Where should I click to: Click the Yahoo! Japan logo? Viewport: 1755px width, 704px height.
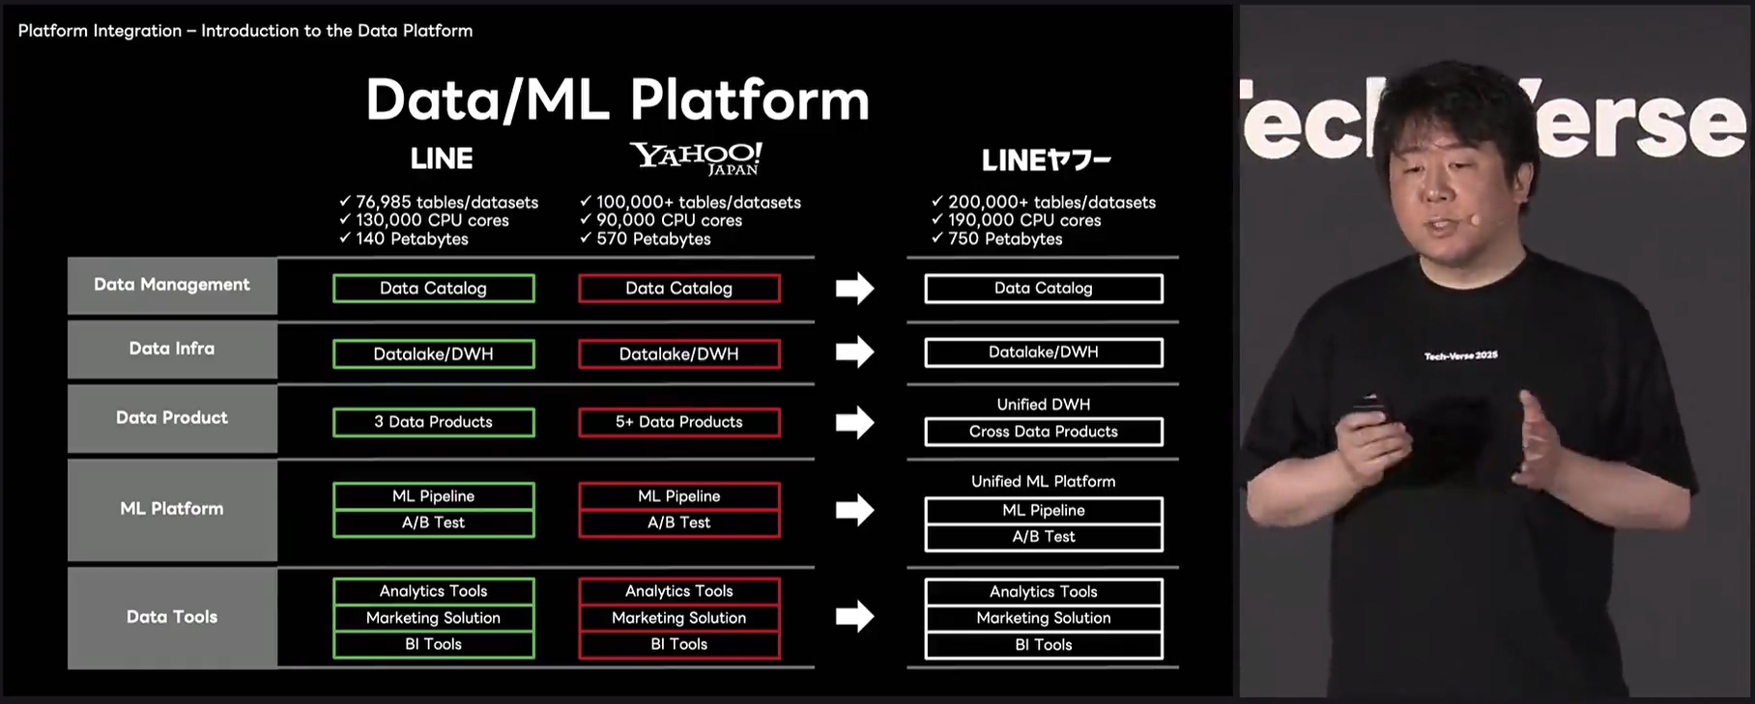(x=696, y=158)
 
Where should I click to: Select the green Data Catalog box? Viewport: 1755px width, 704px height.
(x=433, y=288)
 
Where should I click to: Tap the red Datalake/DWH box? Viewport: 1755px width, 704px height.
(x=678, y=353)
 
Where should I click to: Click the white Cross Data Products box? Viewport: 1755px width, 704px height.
(x=1043, y=432)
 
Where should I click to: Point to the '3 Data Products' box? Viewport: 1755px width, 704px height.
(x=433, y=422)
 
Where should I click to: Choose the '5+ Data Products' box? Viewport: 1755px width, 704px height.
(x=678, y=422)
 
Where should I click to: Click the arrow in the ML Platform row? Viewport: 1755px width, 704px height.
(x=854, y=509)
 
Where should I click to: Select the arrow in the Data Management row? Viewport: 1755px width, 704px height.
(x=854, y=288)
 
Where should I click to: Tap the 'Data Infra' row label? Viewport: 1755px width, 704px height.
(x=172, y=349)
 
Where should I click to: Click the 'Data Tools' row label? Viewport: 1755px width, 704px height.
(x=172, y=617)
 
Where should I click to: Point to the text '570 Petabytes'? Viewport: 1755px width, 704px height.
(x=653, y=239)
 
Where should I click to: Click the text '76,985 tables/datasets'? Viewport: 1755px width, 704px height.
(x=446, y=202)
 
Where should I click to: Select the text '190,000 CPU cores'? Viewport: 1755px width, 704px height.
(x=1024, y=220)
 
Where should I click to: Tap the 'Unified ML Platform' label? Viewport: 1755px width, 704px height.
(x=1043, y=481)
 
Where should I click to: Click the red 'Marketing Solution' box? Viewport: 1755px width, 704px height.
(x=678, y=618)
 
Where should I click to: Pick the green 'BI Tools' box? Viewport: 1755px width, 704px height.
(x=433, y=644)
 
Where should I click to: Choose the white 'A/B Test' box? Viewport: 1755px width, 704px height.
(x=1043, y=537)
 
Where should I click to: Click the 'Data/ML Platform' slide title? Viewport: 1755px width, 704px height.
(x=618, y=99)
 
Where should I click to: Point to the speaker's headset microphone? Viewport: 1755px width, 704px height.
(x=1475, y=220)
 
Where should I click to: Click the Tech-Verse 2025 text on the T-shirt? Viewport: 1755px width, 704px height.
(x=1460, y=356)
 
